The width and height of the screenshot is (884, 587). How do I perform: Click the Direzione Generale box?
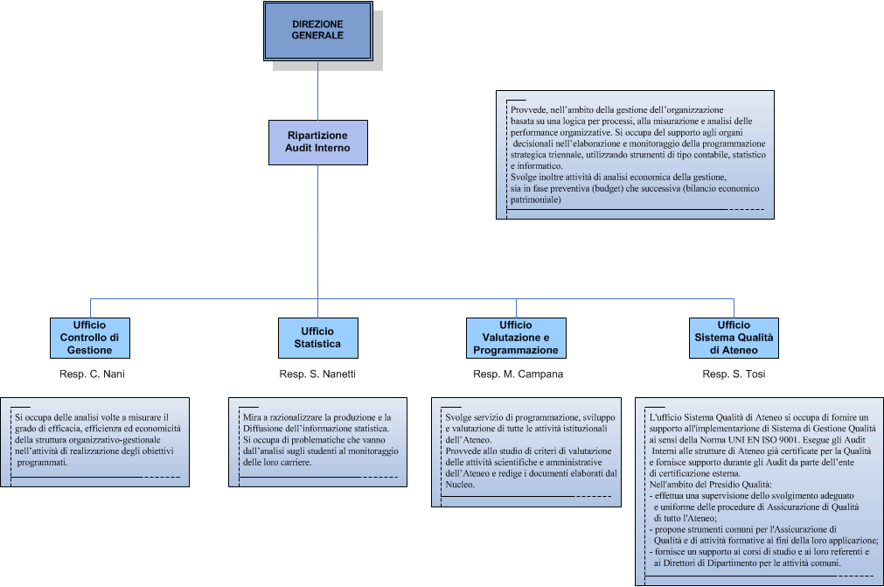317,30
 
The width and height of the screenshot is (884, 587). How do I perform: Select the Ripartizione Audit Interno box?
318,142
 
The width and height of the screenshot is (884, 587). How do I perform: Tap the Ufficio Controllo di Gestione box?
89,338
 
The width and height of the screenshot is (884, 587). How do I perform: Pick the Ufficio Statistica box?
317,338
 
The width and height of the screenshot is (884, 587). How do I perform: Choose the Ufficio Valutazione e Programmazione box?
516,338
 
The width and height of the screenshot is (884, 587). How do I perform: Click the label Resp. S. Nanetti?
317,374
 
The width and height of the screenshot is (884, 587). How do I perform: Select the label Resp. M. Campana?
518,374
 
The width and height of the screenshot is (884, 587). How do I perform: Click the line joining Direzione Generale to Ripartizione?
317,92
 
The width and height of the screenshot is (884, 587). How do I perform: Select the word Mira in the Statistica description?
253,417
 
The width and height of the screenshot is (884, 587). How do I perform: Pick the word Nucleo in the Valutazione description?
459,484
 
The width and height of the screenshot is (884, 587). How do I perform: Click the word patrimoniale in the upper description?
535,199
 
